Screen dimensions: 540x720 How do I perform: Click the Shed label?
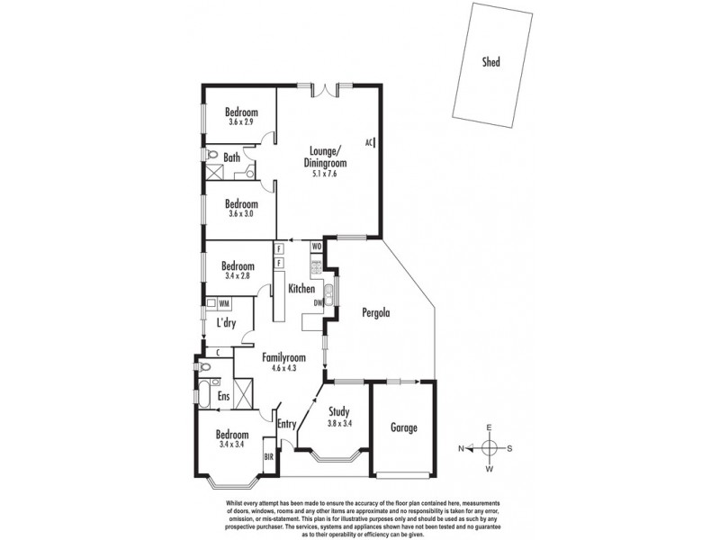(490, 62)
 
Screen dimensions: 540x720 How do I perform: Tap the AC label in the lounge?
(369, 142)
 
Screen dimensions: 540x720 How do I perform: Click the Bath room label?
(231, 158)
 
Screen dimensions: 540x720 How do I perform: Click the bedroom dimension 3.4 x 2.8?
(238, 277)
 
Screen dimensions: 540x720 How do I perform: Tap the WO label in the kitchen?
(317, 246)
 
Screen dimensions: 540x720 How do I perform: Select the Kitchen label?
(301, 289)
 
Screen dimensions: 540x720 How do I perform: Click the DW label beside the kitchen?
(318, 303)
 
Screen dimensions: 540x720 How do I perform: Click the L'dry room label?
(226, 323)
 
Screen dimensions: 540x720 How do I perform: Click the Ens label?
(223, 396)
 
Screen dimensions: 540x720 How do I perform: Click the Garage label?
(404, 427)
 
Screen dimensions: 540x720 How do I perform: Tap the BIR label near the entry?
(268, 457)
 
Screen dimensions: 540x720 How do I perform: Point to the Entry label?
(287, 425)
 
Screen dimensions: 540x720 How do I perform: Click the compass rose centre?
(490, 448)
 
